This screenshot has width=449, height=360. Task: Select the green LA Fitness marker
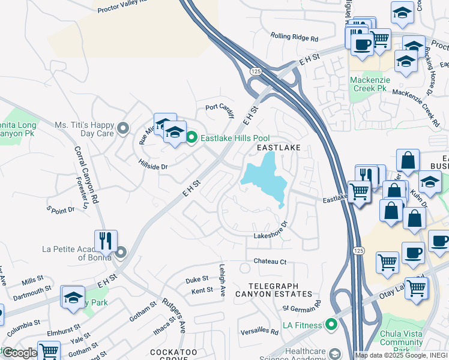point(330,325)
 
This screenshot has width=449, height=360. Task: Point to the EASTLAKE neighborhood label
point(278,147)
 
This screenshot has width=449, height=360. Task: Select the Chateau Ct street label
point(270,261)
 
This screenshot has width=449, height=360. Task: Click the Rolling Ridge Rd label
point(294,37)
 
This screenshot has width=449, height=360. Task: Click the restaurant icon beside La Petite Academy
point(106,241)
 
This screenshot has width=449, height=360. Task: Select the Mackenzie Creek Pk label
point(369,84)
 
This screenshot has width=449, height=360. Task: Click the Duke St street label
point(197,279)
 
